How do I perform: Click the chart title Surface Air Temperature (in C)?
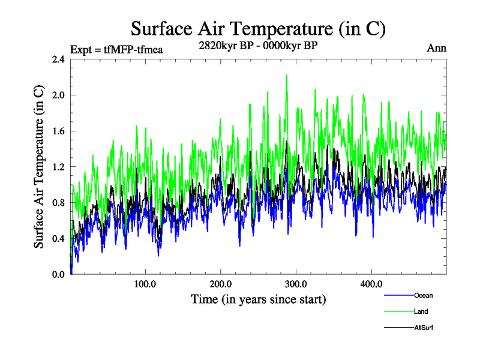tap(258, 28)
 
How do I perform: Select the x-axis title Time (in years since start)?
tap(258, 299)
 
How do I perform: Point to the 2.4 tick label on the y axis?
tap(59, 59)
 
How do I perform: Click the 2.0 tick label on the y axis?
tap(59, 95)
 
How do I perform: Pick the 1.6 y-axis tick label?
tap(59, 131)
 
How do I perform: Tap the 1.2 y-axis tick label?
tap(59, 167)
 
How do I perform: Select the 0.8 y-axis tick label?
tap(59, 203)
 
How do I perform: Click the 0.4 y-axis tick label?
tap(59, 239)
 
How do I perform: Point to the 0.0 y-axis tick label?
tap(59, 274)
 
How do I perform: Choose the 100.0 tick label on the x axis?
tap(145, 283)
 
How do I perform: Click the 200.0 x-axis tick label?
tap(221, 283)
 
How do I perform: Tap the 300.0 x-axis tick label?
tap(296, 283)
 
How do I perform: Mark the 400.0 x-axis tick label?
tap(371, 283)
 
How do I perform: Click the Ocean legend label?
tap(423, 295)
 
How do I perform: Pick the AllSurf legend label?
tap(424, 328)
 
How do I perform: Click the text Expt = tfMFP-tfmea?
tap(116, 49)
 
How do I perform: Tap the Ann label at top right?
tap(436, 48)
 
